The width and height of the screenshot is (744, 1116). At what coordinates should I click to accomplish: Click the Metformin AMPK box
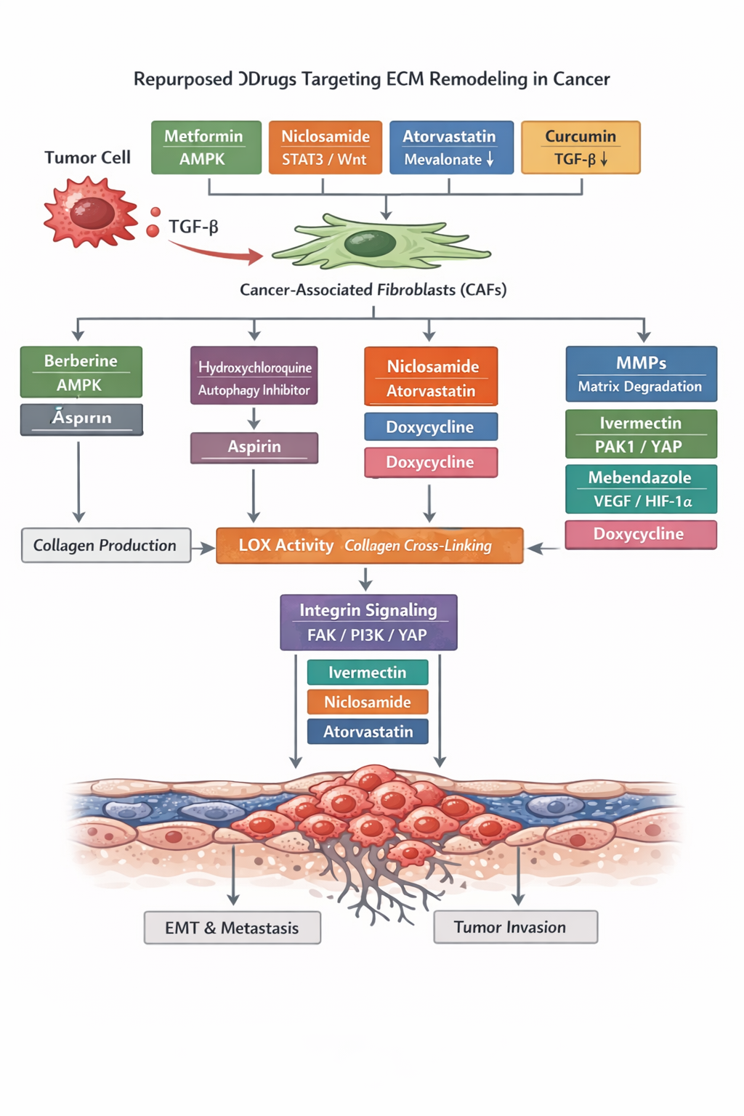click(x=206, y=147)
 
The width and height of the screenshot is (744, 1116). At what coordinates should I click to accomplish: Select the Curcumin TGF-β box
click(x=581, y=147)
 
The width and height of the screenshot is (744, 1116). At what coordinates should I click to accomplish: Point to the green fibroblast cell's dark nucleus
click(x=370, y=243)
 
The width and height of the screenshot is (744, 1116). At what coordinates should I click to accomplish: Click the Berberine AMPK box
click(x=81, y=372)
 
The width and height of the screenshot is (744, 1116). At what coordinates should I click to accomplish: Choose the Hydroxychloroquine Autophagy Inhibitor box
click(x=254, y=376)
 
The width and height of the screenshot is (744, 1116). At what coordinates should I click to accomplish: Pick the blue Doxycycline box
click(x=430, y=426)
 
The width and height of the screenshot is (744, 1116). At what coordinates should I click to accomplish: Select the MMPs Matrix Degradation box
click(x=641, y=374)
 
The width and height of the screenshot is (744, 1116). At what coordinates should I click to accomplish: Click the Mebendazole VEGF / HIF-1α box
click(x=641, y=489)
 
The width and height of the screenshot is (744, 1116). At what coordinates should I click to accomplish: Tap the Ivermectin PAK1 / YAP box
click(x=641, y=434)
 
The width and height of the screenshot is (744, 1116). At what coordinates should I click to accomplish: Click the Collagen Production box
click(x=106, y=546)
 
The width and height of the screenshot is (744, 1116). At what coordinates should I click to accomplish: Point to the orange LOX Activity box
click(x=369, y=546)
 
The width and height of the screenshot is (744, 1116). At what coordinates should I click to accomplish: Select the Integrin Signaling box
click(x=368, y=622)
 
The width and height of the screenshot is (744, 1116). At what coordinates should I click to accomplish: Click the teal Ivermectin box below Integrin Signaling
click(x=368, y=672)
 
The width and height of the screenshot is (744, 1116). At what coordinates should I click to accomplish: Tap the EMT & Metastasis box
click(x=232, y=928)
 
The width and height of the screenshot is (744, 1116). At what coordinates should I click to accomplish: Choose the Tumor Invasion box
click(x=515, y=927)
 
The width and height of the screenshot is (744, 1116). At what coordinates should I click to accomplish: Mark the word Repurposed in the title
click(x=182, y=79)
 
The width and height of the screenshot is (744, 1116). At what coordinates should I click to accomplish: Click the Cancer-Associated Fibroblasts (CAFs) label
click(x=373, y=290)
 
